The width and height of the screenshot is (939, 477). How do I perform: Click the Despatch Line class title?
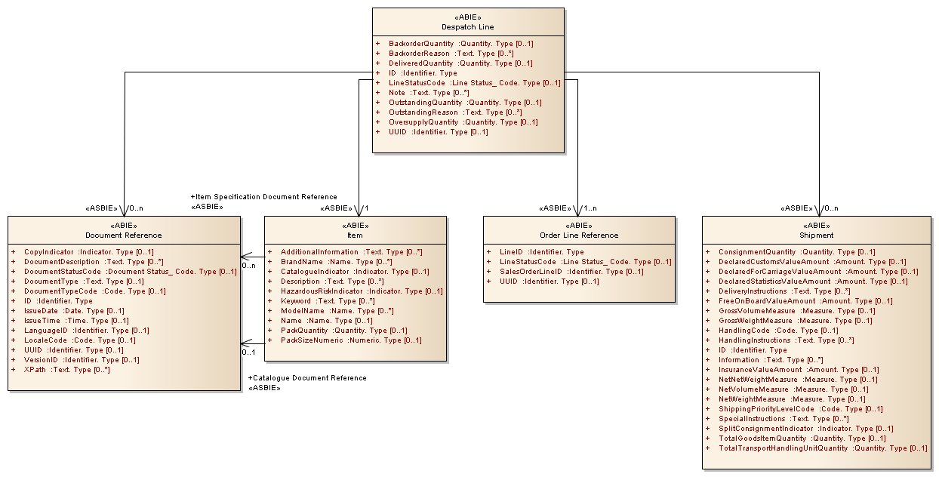coord(468,27)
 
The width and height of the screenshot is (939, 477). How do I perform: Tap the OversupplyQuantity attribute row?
coord(463,122)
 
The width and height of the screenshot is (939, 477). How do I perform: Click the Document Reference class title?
coord(124,235)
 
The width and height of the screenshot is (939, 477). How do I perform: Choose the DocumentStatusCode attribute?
coord(130,272)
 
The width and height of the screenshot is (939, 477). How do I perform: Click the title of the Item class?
coord(355,235)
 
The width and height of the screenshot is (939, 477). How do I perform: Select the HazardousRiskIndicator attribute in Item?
coord(362,291)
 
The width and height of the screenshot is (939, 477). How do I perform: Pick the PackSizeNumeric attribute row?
coord(351,340)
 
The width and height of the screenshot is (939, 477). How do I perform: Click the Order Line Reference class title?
coord(579,235)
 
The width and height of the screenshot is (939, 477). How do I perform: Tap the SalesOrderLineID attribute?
coord(571,272)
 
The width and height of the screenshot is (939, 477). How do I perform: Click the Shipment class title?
coord(817,235)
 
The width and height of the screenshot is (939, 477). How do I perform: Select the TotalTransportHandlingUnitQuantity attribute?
coord(823,448)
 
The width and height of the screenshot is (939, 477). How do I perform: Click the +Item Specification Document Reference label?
coord(263,197)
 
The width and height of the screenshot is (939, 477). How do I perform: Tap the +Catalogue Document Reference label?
coord(307,378)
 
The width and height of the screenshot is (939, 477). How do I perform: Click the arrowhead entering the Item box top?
coord(358,211)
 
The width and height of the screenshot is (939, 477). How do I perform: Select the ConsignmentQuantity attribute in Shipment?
coord(796,252)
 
